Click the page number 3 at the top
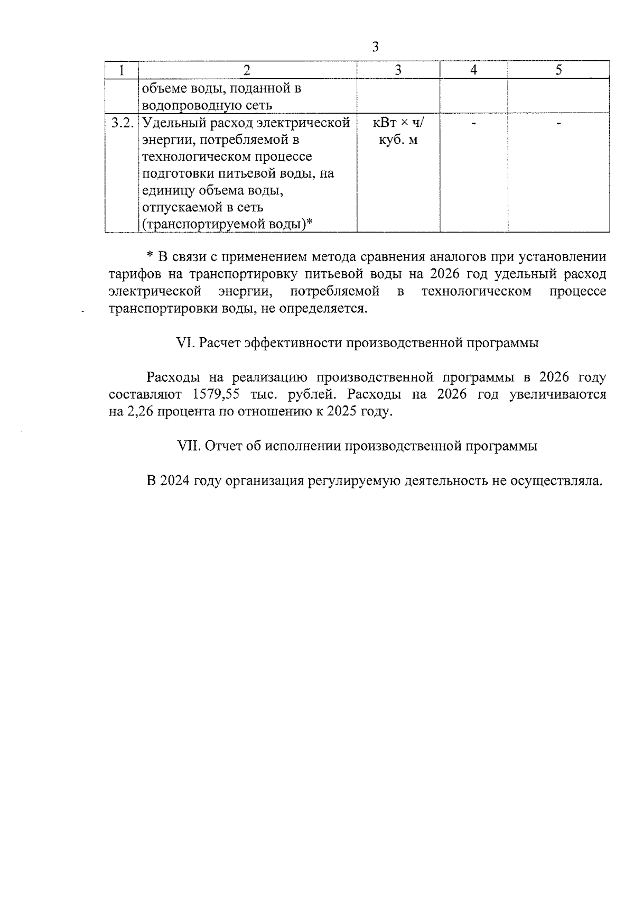[x=375, y=47]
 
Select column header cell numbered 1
[x=122, y=70]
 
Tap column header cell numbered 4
[x=473, y=70]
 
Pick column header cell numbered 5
[x=558, y=70]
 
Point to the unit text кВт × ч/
[x=398, y=123]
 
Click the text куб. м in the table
[x=398, y=140]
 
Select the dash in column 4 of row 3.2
[x=473, y=124]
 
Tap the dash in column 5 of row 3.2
[x=558, y=124]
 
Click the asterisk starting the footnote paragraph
[x=150, y=256]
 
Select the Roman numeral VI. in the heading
[x=185, y=343]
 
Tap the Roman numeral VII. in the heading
[x=188, y=446]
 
